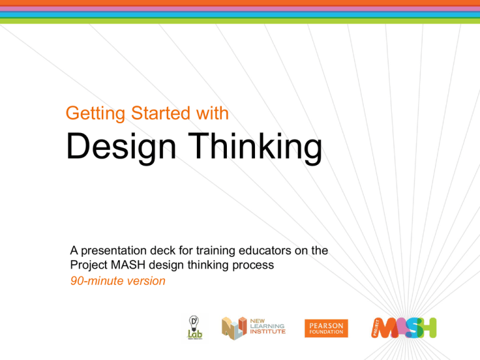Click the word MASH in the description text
[123, 266]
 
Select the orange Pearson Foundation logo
[326, 327]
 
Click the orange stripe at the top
[240, 2]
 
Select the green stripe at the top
[240, 21]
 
